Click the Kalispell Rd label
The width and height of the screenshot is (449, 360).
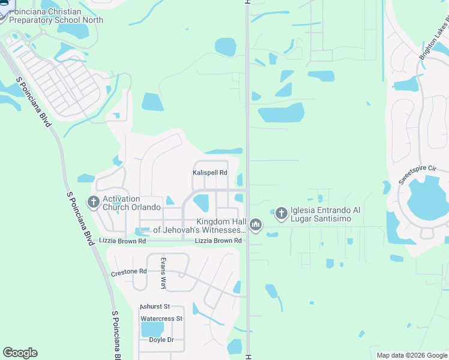(210, 173)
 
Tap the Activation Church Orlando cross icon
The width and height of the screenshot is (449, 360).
(94, 203)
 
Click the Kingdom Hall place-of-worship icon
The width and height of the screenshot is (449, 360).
(256, 226)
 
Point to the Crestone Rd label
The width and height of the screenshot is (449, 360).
(129, 272)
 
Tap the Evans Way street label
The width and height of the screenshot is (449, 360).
(163, 273)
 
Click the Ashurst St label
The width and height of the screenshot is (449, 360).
(155, 307)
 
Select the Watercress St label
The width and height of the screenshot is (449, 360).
(161, 319)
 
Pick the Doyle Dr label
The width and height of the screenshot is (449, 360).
(161, 340)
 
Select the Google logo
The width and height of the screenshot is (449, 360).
(20, 353)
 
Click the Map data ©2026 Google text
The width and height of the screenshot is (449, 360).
(411, 355)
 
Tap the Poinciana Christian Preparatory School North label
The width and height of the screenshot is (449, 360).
(56, 16)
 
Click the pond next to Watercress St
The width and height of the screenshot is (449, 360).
(151, 329)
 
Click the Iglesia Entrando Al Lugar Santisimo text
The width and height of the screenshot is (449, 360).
(334, 215)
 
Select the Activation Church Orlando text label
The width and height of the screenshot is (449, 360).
(131, 203)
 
